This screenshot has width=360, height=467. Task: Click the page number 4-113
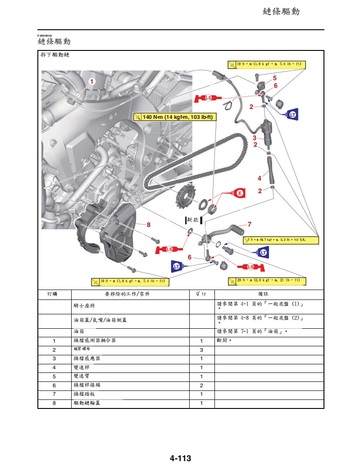180,458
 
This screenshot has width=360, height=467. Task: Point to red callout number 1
92,82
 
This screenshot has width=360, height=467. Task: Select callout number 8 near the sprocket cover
148,224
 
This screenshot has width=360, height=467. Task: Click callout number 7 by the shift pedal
249,224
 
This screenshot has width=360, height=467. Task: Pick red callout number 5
275,78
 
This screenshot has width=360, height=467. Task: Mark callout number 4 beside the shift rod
260,178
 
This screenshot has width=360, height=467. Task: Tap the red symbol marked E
239,193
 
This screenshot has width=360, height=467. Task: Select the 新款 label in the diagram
192,219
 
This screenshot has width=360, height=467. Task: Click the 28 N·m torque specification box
267,281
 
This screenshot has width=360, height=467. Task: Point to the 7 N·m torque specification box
281,240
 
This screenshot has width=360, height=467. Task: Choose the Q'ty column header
201,294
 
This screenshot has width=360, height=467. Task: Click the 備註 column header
269,294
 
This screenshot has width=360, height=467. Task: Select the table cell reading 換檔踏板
84,394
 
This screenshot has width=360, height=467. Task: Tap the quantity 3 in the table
201,350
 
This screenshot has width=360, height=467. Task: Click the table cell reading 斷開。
224,341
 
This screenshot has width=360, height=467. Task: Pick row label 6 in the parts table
54,385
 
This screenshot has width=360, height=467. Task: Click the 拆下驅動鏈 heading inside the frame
55,54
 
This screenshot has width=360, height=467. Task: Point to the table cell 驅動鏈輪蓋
87,403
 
